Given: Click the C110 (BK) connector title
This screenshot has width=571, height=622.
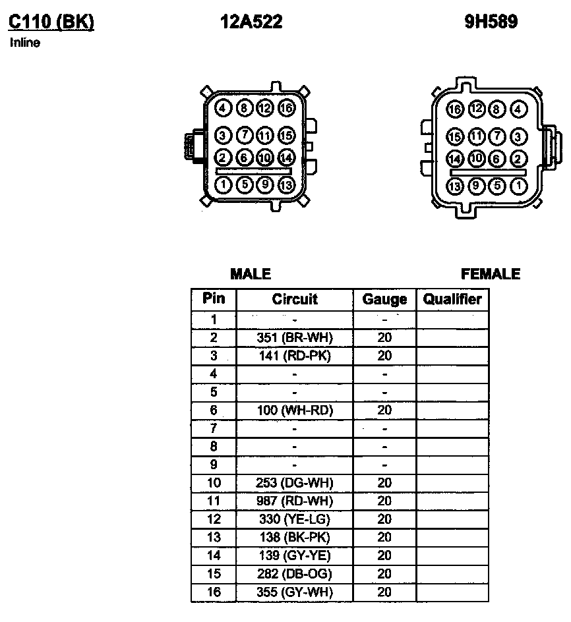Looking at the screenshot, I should pyautogui.click(x=51, y=22).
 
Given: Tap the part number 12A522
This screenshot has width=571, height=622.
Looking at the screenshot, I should pyautogui.click(x=251, y=22).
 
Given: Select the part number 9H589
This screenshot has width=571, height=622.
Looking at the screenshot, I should pyautogui.click(x=491, y=22).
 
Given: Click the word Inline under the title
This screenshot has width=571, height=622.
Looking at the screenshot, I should pyautogui.click(x=25, y=43).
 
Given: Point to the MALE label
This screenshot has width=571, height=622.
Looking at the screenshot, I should pyautogui.click(x=251, y=274).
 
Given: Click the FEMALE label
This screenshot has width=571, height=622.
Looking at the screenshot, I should pyautogui.click(x=491, y=274).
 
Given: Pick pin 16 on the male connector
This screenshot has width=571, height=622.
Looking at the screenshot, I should pyautogui.click(x=286, y=107).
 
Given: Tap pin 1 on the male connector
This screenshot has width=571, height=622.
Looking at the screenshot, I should pyautogui.click(x=223, y=184).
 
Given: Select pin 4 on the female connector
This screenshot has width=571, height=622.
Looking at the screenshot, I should pyautogui.click(x=519, y=109).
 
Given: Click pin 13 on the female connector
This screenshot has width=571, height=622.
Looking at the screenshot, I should pyautogui.click(x=455, y=186).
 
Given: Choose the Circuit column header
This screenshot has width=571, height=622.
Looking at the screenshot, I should pyautogui.click(x=295, y=299).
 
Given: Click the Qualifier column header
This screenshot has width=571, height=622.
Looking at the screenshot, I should pyautogui.click(x=452, y=299).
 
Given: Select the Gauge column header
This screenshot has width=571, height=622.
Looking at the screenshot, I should pyautogui.click(x=384, y=300).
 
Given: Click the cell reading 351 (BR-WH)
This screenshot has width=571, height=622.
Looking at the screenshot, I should pyautogui.click(x=295, y=337).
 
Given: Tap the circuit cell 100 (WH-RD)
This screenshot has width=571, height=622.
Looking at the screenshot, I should pyautogui.click(x=295, y=410).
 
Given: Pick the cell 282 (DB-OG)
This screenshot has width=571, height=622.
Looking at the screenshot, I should pyautogui.click(x=295, y=574).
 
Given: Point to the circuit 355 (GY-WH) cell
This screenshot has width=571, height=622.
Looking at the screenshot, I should pyautogui.click(x=295, y=592).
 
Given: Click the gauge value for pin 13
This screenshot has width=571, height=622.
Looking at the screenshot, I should pyautogui.click(x=384, y=538).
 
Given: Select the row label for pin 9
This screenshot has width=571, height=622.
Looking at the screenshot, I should pyautogui.click(x=214, y=465).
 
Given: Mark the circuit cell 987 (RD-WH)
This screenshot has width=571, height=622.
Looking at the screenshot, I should pyautogui.click(x=295, y=501).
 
